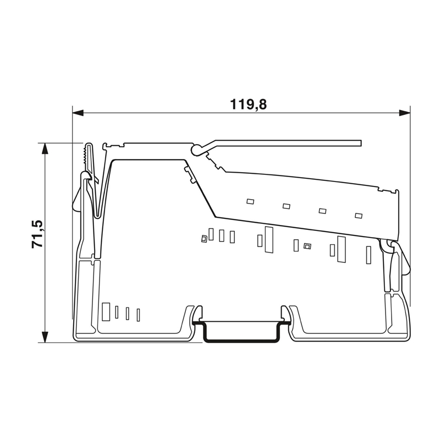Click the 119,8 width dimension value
coord(249,105)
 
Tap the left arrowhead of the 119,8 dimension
coord(78,113)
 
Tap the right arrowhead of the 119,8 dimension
coord(405,113)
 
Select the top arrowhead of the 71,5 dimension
coord(45,148)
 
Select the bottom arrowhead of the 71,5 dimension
coord(45,337)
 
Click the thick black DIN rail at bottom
coord(241,334)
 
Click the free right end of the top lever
coord(361,143)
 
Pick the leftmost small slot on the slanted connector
coord(250,201)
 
